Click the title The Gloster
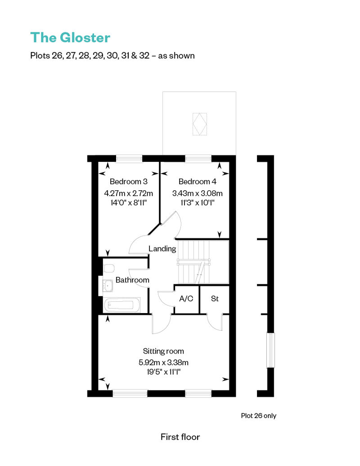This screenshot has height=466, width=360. pyautogui.click(x=70, y=38)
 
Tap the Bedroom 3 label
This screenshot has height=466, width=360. pyautogui.click(x=128, y=182)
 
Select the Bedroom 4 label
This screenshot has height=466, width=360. pyautogui.click(x=198, y=182)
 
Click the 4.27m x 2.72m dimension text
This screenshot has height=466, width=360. pyautogui.click(x=128, y=193)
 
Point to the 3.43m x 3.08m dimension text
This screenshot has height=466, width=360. pyautogui.click(x=198, y=193)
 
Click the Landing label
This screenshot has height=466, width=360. pyautogui.click(x=162, y=249)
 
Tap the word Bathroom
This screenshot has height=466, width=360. pyautogui.click(x=132, y=280)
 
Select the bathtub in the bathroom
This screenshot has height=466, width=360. pyautogui.click(x=122, y=305)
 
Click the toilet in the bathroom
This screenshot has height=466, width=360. pyautogui.click(x=109, y=268)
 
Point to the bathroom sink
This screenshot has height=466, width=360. pyautogui.click(x=108, y=286)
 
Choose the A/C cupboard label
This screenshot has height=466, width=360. pyautogui.click(x=186, y=298)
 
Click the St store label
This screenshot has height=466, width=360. pyautogui.click(x=215, y=298)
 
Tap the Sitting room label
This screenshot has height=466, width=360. pyautogui.click(x=163, y=351)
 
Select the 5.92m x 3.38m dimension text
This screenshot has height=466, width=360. pyautogui.click(x=163, y=363)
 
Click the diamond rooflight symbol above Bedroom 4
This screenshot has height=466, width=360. pyautogui.click(x=200, y=124)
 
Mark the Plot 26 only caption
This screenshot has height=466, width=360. pyautogui.click(x=259, y=416)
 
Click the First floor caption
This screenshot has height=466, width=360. pyautogui.click(x=180, y=437)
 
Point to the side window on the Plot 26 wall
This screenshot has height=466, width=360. pyautogui.click(x=270, y=350)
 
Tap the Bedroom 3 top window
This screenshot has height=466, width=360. pyautogui.click(x=129, y=159)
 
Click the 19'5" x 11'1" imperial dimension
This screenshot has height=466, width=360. pyautogui.click(x=163, y=372)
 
